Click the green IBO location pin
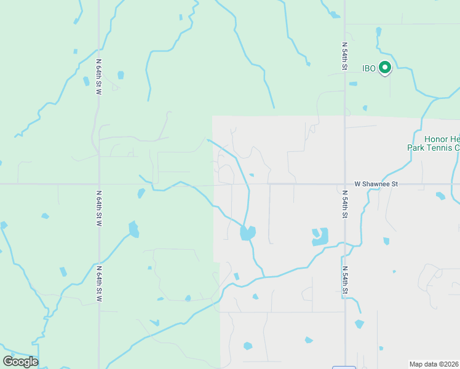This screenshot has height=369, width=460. [385, 67]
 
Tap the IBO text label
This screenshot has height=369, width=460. [369, 67]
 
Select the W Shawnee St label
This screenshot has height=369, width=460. [376, 183]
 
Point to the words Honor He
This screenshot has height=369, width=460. [442, 140]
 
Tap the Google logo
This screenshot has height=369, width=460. [20, 362]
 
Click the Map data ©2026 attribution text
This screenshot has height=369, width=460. [434, 364]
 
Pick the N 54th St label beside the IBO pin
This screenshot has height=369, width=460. [345, 56]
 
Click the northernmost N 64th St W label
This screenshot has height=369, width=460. [98, 76]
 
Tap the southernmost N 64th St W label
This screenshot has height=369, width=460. [98, 283]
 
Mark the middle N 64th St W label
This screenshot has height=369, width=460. [98, 208]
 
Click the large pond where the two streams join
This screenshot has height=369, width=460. [248, 233]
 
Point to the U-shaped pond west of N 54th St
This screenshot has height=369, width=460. [320, 237]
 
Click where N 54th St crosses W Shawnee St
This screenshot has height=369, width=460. [345, 183]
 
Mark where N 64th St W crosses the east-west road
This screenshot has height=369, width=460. [98, 183]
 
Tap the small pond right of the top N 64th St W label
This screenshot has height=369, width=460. [121, 75]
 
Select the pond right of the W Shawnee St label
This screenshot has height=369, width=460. [440, 196]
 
